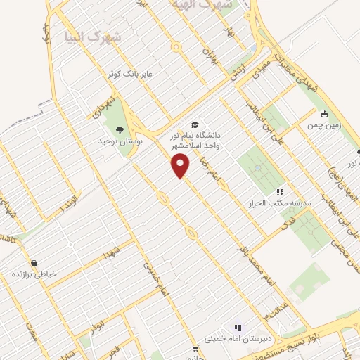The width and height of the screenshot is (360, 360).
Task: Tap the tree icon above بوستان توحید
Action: tap(120, 129)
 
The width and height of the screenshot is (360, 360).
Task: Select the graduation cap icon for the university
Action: tap(194, 124)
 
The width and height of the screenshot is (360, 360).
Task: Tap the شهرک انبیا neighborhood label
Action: tap(92, 35)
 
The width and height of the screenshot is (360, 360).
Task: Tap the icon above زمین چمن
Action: tap(323, 114)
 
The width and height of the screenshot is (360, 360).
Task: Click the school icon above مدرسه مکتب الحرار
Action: tap(280, 191)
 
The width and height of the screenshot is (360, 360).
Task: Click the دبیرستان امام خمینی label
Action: tap(237, 339)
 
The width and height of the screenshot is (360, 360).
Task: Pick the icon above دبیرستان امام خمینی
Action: tap(237, 328)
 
